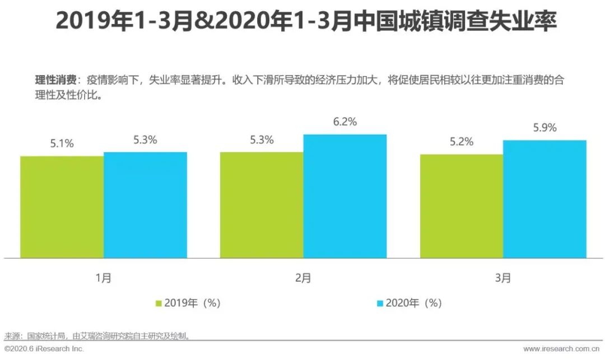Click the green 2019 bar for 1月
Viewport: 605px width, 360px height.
pyautogui.click(x=62, y=207)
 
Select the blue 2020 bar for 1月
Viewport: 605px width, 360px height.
pyautogui.click(x=145, y=205)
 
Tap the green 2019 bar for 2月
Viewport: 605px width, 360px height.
pyautogui.click(x=262, y=205)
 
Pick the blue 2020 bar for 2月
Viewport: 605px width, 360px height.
pyautogui.click(x=345, y=196)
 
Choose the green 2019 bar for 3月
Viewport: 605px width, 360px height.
pyautogui.click(x=462, y=206)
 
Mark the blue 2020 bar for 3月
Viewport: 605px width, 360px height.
pyautogui.click(x=544, y=199)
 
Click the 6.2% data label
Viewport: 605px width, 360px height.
pyautogui.click(x=345, y=122)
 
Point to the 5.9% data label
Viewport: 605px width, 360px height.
pyautogui.click(x=545, y=128)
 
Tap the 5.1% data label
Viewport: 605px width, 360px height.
pyautogui.click(x=62, y=143)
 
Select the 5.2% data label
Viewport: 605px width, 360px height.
pyautogui.click(x=462, y=142)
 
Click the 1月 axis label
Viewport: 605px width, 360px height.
pyautogui.click(x=104, y=278)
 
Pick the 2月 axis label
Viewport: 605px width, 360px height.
pyautogui.click(x=303, y=278)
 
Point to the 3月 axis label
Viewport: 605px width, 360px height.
pyautogui.click(x=503, y=278)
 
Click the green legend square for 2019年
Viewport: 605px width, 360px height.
pyautogui.click(x=159, y=303)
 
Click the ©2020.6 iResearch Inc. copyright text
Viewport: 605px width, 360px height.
pyautogui.click(x=44, y=349)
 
